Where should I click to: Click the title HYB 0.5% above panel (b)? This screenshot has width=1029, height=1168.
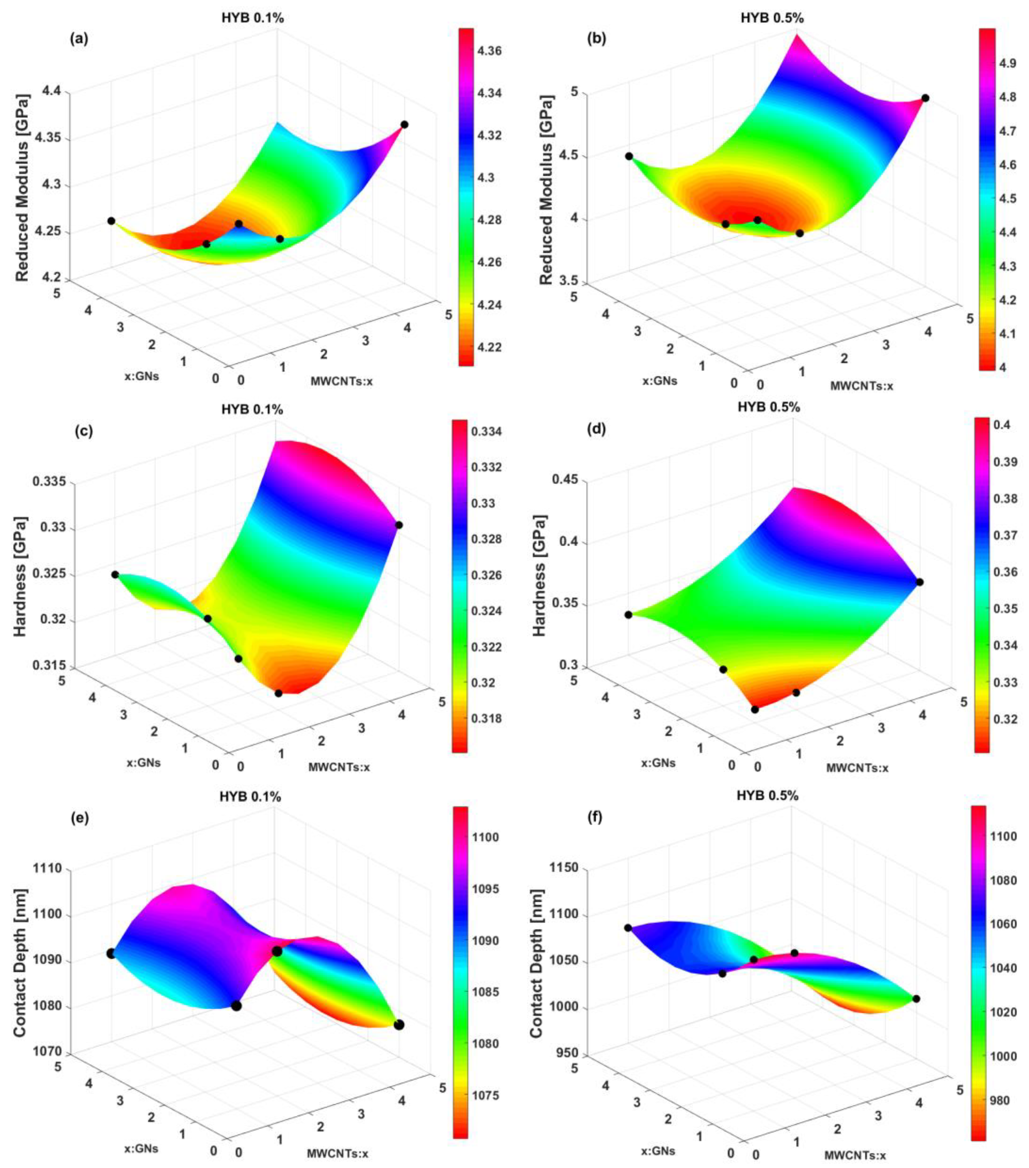pyautogui.click(x=772, y=18)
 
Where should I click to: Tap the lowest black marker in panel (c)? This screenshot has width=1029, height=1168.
pyautogui.click(x=278, y=693)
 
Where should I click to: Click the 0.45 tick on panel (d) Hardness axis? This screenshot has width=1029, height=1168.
pyautogui.click(x=565, y=480)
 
